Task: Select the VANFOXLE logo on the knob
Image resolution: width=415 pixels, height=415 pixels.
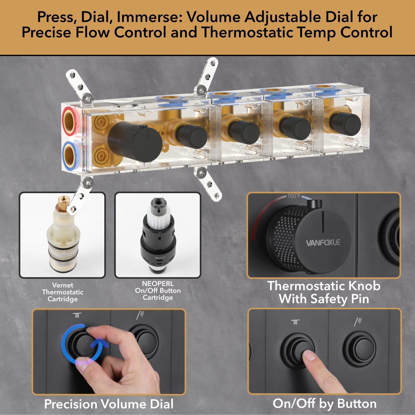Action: (x=323, y=243)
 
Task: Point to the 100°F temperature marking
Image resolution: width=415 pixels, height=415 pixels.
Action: (x=294, y=196)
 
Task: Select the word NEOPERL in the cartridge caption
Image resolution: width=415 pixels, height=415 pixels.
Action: (x=158, y=283)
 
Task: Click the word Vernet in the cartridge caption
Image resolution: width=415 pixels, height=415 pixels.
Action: (x=63, y=285)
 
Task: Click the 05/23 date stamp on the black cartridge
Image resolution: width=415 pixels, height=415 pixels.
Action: (x=160, y=258)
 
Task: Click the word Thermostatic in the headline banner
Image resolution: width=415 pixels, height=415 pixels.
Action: (x=247, y=32)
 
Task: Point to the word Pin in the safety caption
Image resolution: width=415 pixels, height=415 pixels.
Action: (x=360, y=299)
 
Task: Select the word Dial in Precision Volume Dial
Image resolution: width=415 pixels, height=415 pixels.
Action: (x=162, y=404)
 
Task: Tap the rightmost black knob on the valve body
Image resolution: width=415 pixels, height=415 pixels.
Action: (x=345, y=124)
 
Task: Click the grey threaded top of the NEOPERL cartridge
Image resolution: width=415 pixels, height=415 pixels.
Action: (x=158, y=203)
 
